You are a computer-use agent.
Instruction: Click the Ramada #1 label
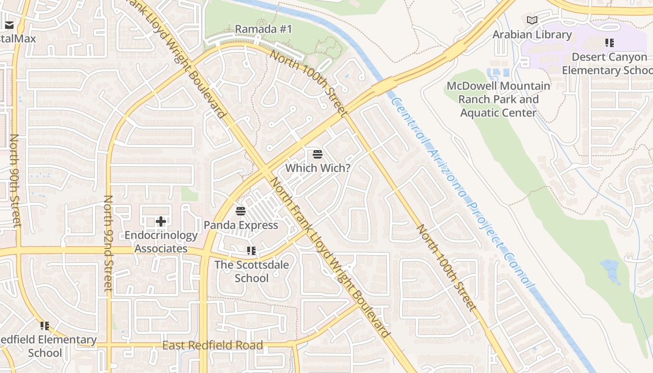click(x=263, y=29)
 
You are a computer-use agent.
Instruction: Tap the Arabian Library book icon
click(x=532, y=20)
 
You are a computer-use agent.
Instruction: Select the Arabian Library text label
click(x=532, y=35)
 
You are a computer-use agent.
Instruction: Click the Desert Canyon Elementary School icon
click(x=609, y=43)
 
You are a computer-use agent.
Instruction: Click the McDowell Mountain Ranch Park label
click(x=498, y=99)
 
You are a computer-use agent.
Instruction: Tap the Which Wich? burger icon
click(x=318, y=154)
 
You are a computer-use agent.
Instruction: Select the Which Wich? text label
click(x=318, y=168)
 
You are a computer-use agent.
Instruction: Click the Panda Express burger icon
click(x=241, y=211)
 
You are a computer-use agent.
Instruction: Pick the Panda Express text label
click(x=241, y=225)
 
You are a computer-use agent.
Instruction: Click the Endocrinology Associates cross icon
click(x=161, y=221)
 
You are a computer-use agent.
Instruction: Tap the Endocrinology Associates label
click(x=161, y=242)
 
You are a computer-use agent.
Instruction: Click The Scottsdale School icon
click(x=251, y=251)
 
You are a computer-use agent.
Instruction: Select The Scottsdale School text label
click(x=251, y=271)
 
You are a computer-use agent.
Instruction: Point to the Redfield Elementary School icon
click(x=45, y=325)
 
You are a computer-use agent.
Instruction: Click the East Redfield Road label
click(x=213, y=345)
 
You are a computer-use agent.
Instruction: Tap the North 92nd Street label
click(x=108, y=243)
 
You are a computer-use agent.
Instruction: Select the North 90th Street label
click(x=15, y=181)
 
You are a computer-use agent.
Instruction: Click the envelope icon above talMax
click(x=9, y=25)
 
